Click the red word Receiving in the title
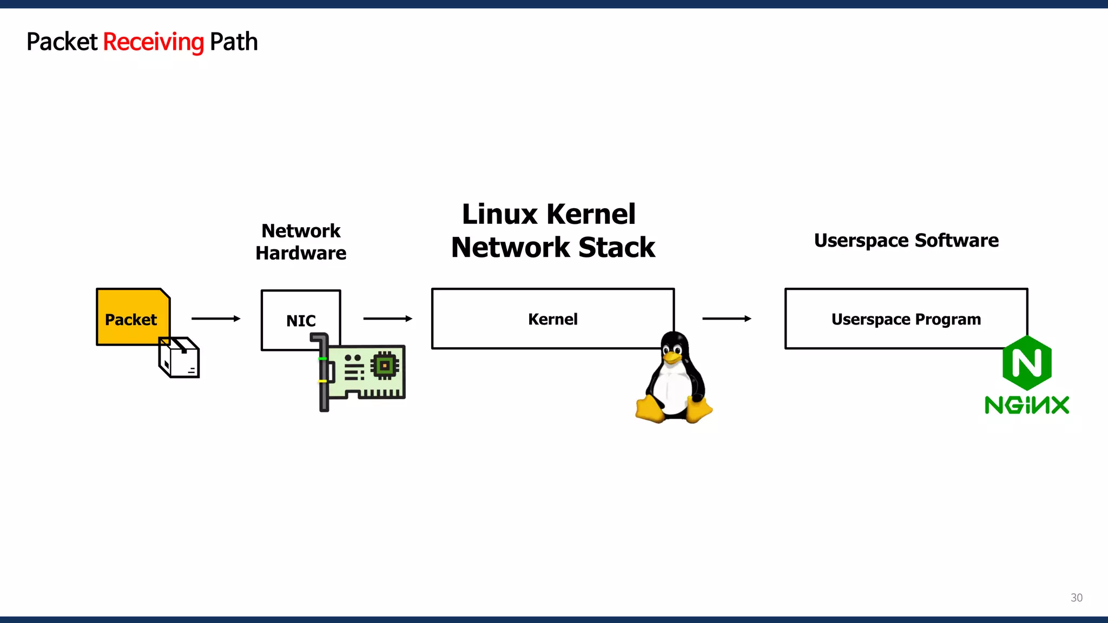(x=153, y=42)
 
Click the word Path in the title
(x=233, y=42)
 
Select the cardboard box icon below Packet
(x=180, y=358)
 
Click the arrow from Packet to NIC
(x=215, y=319)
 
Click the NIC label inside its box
(x=301, y=321)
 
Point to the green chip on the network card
(x=385, y=366)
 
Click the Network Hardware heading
(x=301, y=242)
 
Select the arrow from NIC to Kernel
(x=387, y=319)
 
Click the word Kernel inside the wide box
(x=552, y=319)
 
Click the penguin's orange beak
(x=672, y=357)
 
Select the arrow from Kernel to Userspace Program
(x=726, y=319)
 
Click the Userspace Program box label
(x=906, y=319)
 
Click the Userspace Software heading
(x=906, y=240)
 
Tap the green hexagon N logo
(x=1026, y=362)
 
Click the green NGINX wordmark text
(x=1026, y=405)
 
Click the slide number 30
(x=1076, y=598)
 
